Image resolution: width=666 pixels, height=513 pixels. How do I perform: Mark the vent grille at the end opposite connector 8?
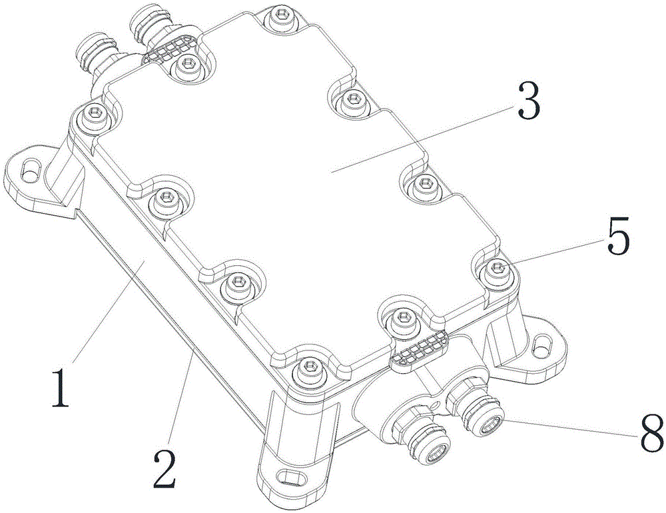pos(172,48)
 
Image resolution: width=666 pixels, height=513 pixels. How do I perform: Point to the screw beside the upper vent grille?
pos(188,65)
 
